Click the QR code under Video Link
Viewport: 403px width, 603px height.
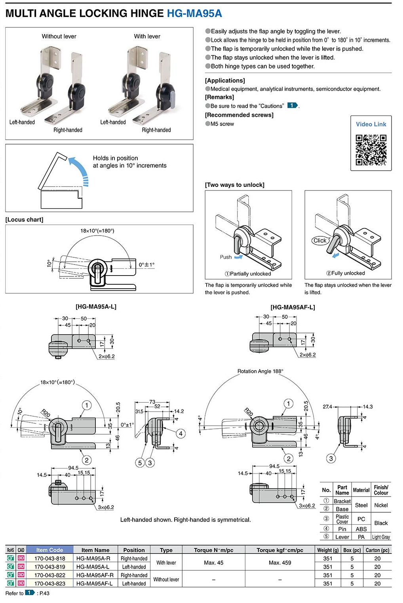point(371,150)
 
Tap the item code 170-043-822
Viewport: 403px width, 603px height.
point(50,575)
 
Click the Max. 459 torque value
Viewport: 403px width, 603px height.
point(280,562)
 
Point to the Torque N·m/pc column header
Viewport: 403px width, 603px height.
point(213,550)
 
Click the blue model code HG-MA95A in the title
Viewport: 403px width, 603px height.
point(194,13)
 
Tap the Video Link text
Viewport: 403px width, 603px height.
point(371,124)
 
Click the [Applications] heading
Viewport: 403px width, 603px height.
point(225,80)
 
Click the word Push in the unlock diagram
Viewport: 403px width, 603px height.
point(226,257)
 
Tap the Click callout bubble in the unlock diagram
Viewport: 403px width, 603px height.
point(320,240)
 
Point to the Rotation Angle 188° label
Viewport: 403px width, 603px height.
point(260,371)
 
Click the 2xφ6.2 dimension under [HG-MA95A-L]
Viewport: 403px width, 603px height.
point(106,356)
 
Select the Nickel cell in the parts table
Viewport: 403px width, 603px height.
point(381,505)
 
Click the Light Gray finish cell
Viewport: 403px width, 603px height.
point(381,537)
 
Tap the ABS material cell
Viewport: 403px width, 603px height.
point(361,529)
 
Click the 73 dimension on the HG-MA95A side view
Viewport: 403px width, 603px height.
point(152,401)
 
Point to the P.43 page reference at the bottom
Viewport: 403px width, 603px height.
point(44,593)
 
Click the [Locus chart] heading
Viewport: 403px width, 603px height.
point(25,219)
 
